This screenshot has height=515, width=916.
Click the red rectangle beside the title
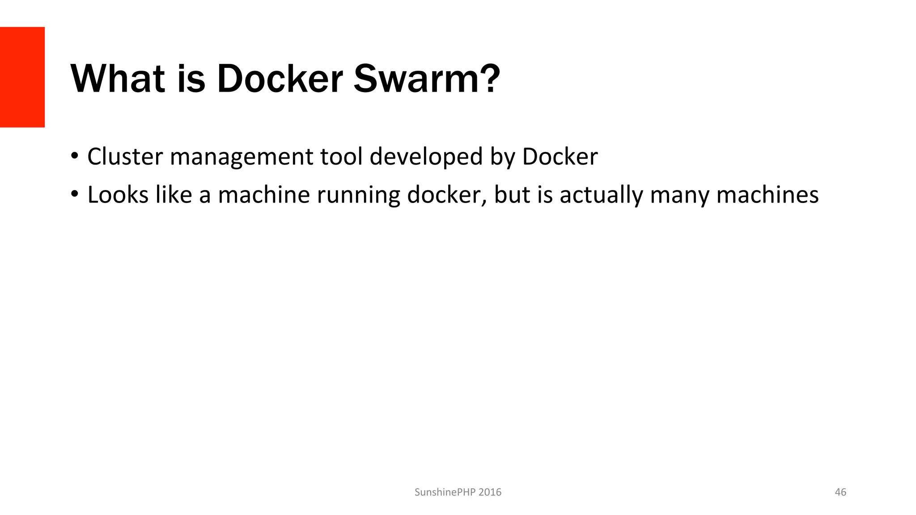pyautogui.click(x=22, y=77)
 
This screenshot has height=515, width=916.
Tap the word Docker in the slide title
pyautogui.click(x=280, y=79)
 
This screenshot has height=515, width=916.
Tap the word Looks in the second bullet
pyautogui.click(x=118, y=195)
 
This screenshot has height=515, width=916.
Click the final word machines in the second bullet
pyautogui.click(x=768, y=195)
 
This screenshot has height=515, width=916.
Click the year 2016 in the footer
pyautogui.click(x=490, y=492)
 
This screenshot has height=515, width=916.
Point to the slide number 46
pyautogui.click(x=840, y=492)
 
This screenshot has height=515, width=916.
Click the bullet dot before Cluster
pyautogui.click(x=74, y=156)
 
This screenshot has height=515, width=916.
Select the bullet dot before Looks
pyautogui.click(x=74, y=195)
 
